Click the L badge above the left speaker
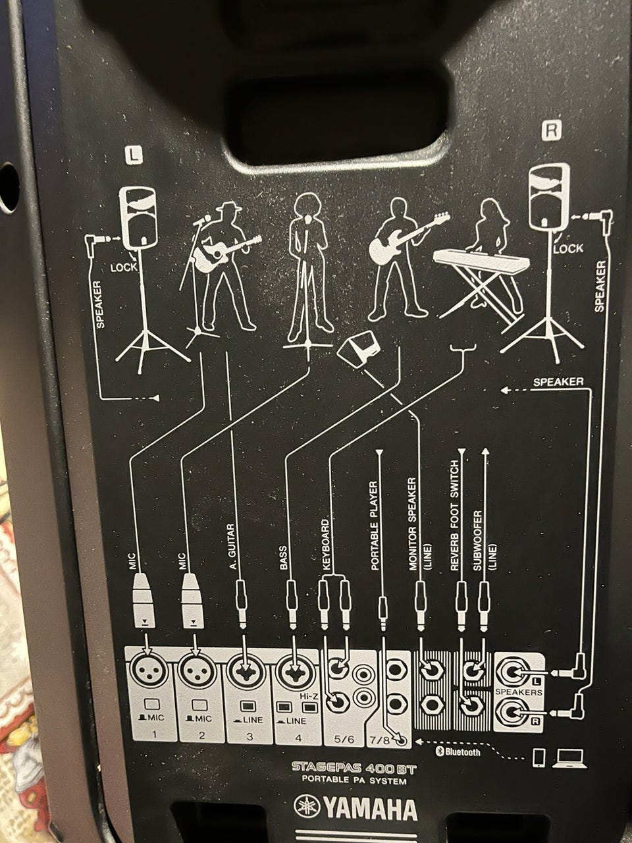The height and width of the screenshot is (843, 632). pos(133,155)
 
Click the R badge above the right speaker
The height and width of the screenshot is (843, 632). pos(551,131)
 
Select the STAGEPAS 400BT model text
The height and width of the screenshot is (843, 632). pos(354,767)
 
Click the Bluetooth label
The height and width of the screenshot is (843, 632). pos(458,751)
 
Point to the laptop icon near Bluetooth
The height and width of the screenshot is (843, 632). pos(569,758)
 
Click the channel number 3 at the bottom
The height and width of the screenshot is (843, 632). pos(250,736)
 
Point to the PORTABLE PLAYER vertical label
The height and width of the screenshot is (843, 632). pos(375,526)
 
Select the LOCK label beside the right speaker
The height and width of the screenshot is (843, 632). pos(568,248)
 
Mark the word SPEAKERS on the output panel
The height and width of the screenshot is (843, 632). pos(518,692)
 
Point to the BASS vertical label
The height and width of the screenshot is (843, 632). pos(283,558)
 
